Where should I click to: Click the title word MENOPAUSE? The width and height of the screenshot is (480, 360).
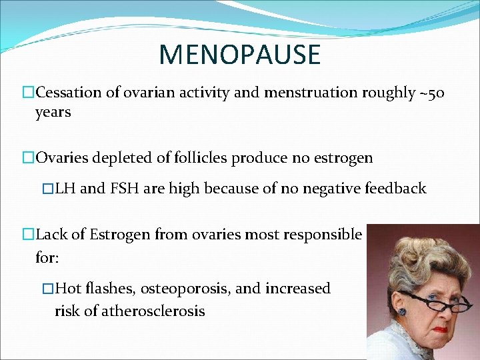(240, 55)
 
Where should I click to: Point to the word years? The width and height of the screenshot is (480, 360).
(53, 112)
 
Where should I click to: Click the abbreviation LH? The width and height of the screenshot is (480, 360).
(66, 189)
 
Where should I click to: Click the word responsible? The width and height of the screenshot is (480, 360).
(324, 234)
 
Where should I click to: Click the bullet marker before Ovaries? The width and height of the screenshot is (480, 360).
(28, 158)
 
